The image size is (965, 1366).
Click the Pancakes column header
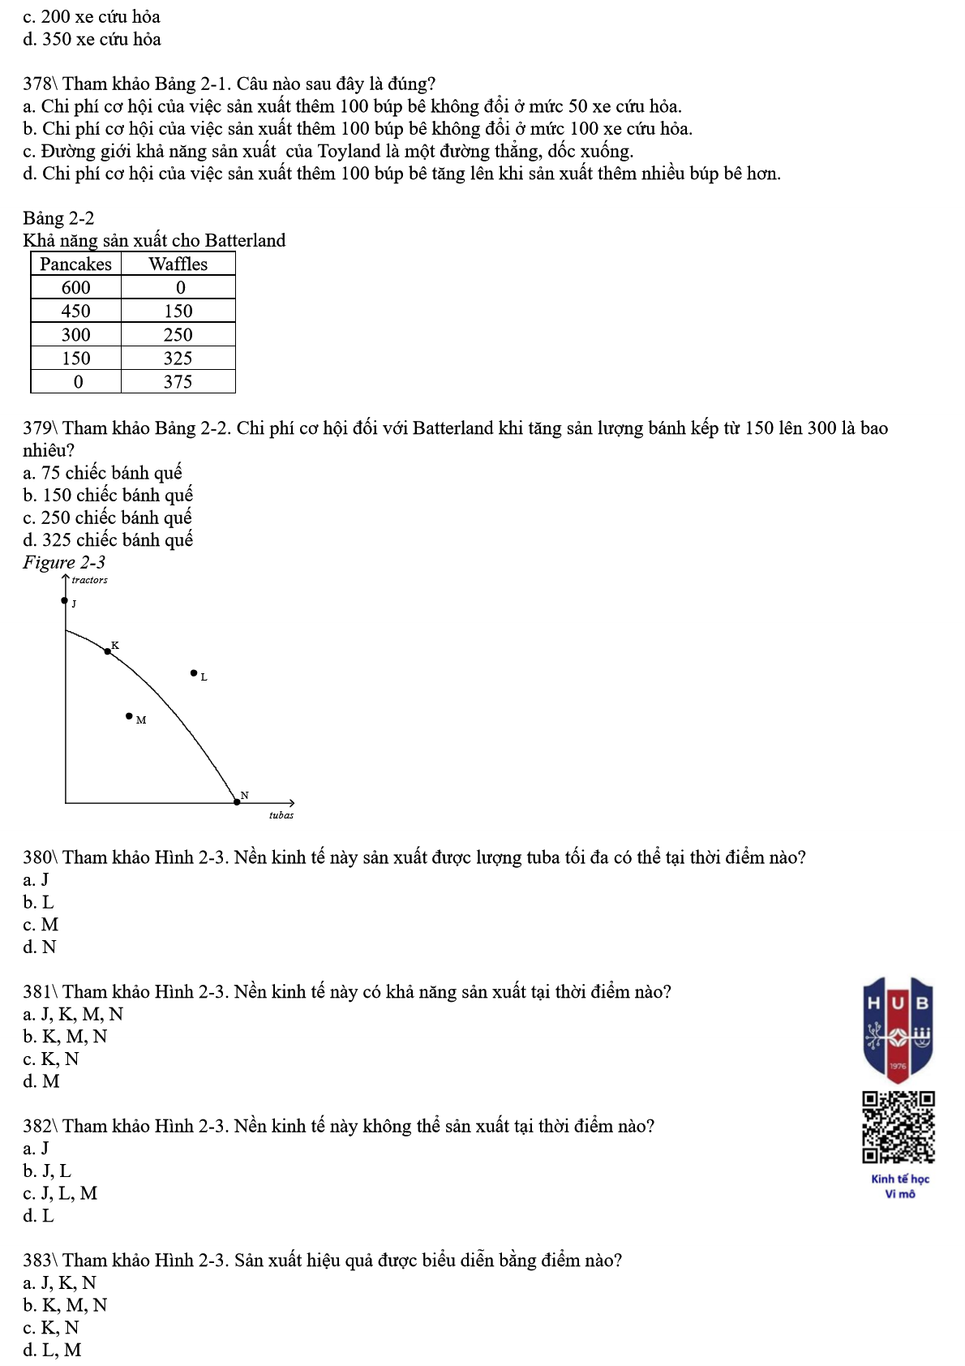pyautogui.click(x=75, y=264)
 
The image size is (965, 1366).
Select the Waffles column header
pyautogui.click(x=178, y=264)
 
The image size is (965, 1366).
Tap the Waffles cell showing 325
pyautogui.click(x=178, y=359)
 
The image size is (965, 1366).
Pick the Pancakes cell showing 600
pyautogui.click(x=75, y=288)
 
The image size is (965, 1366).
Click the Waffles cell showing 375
pyautogui.click(x=178, y=382)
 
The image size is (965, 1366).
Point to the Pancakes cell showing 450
pyautogui.click(x=75, y=311)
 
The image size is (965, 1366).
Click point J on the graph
pyautogui.click(x=65, y=601)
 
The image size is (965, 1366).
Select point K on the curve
pyautogui.click(x=108, y=651)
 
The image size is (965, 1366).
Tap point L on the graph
pyautogui.click(x=193, y=672)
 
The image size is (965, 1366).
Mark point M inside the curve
pyautogui.click(x=129, y=716)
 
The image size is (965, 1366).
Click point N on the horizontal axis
pyautogui.click(x=237, y=801)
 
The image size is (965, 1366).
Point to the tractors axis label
pyautogui.click(x=89, y=580)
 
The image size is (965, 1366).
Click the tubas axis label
pyautogui.click(x=281, y=815)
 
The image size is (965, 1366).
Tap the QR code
pyautogui.click(x=899, y=1128)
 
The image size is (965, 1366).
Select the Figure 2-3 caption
pyautogui.click(x=64, y=562)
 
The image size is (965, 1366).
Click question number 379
pyautogui.click(x=39, y=428)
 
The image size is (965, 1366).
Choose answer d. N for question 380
pyautogui.click(x=40, y=947)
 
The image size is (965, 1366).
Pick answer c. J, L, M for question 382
pyautogui.click(x=60, y=1193)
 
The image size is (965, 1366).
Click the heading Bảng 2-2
pyautogui.click(x=58, y=218)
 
